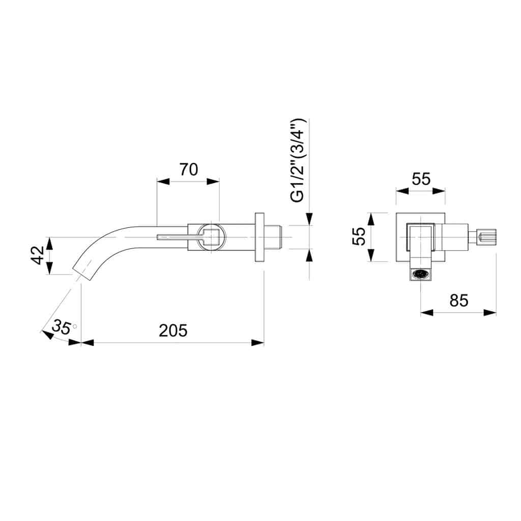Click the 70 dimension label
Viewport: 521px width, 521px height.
189,169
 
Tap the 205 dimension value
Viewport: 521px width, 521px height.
173,331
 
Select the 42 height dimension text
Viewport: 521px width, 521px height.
38,255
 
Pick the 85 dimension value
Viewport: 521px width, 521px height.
459,300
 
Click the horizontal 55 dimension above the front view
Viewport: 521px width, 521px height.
421,179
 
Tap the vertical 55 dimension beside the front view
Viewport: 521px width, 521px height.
359,236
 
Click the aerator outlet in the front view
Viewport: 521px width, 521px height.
421,274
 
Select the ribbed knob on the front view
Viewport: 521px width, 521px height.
487,237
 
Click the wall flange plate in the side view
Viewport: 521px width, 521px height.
259,237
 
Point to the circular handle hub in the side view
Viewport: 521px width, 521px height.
211,237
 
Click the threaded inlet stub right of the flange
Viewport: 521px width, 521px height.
273,237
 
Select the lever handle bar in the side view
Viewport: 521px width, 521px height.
180,237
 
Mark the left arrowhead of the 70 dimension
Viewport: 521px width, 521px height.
163,182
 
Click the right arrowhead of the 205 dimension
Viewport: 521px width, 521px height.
258,343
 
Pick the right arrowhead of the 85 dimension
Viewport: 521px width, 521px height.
490,312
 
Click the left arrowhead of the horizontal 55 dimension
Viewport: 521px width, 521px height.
402,191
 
